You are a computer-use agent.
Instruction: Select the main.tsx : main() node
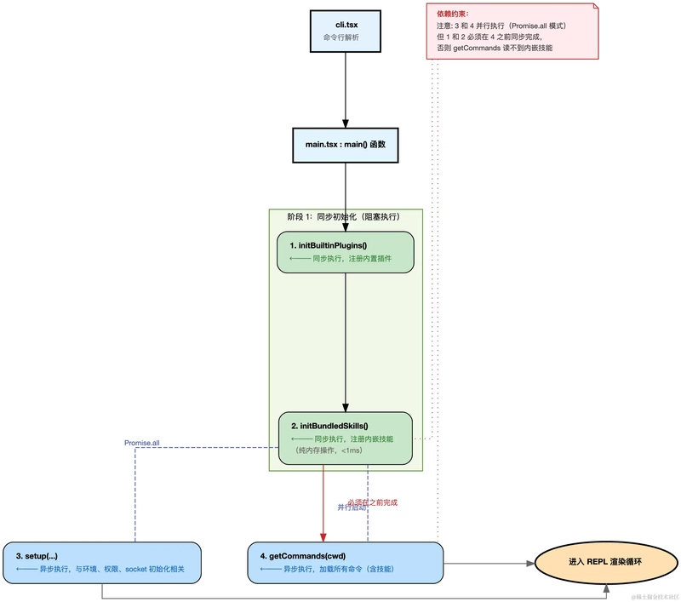[x=346, y=145]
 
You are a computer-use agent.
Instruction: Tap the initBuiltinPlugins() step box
[x=346, y=251]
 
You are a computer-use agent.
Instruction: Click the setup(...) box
[x=102, y=562]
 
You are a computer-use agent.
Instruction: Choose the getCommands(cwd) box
[x=346, y=562]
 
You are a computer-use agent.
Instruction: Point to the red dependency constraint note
[x=512, y=32]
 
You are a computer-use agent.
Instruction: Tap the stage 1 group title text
[x=344, y=217]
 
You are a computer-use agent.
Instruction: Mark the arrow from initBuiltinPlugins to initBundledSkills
[x=346, y=341]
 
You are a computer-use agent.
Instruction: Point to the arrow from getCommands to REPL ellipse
[x=489, y=563]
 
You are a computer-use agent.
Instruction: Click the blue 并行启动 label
[x=354, y=507]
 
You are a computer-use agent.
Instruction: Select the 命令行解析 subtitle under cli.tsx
[x=346, y=38]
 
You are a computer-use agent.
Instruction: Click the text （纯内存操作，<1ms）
[x=327, y=450]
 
